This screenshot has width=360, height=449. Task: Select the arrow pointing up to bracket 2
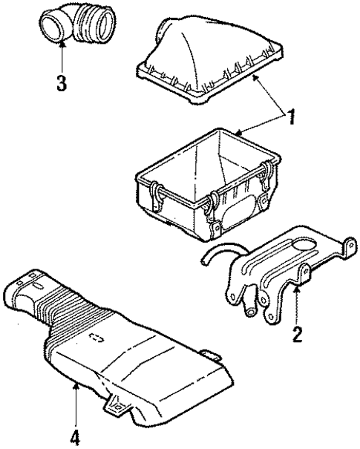(x=296, y=304)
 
